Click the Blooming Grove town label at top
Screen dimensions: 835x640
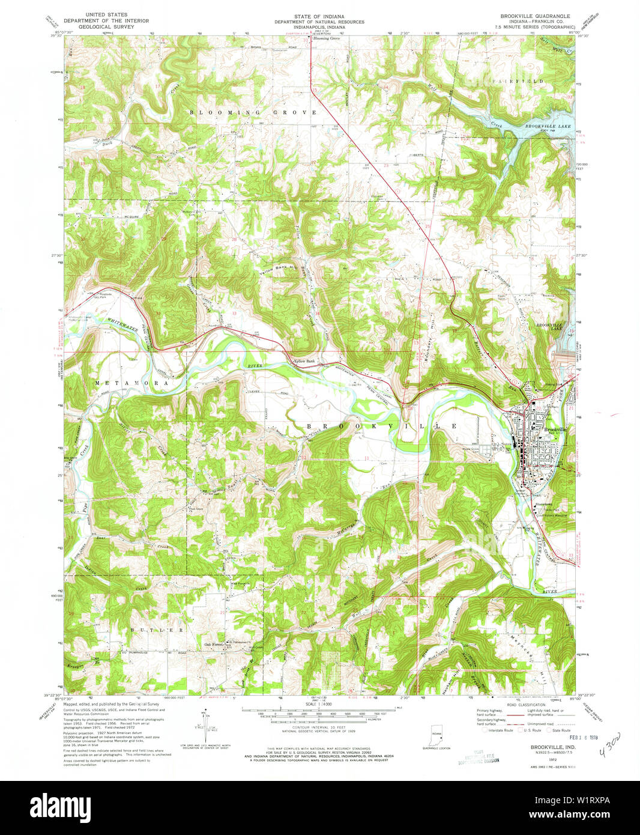click(326, 38)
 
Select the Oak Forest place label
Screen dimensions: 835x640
click(214, 645)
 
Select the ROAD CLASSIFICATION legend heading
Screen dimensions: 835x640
click(526, 704)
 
